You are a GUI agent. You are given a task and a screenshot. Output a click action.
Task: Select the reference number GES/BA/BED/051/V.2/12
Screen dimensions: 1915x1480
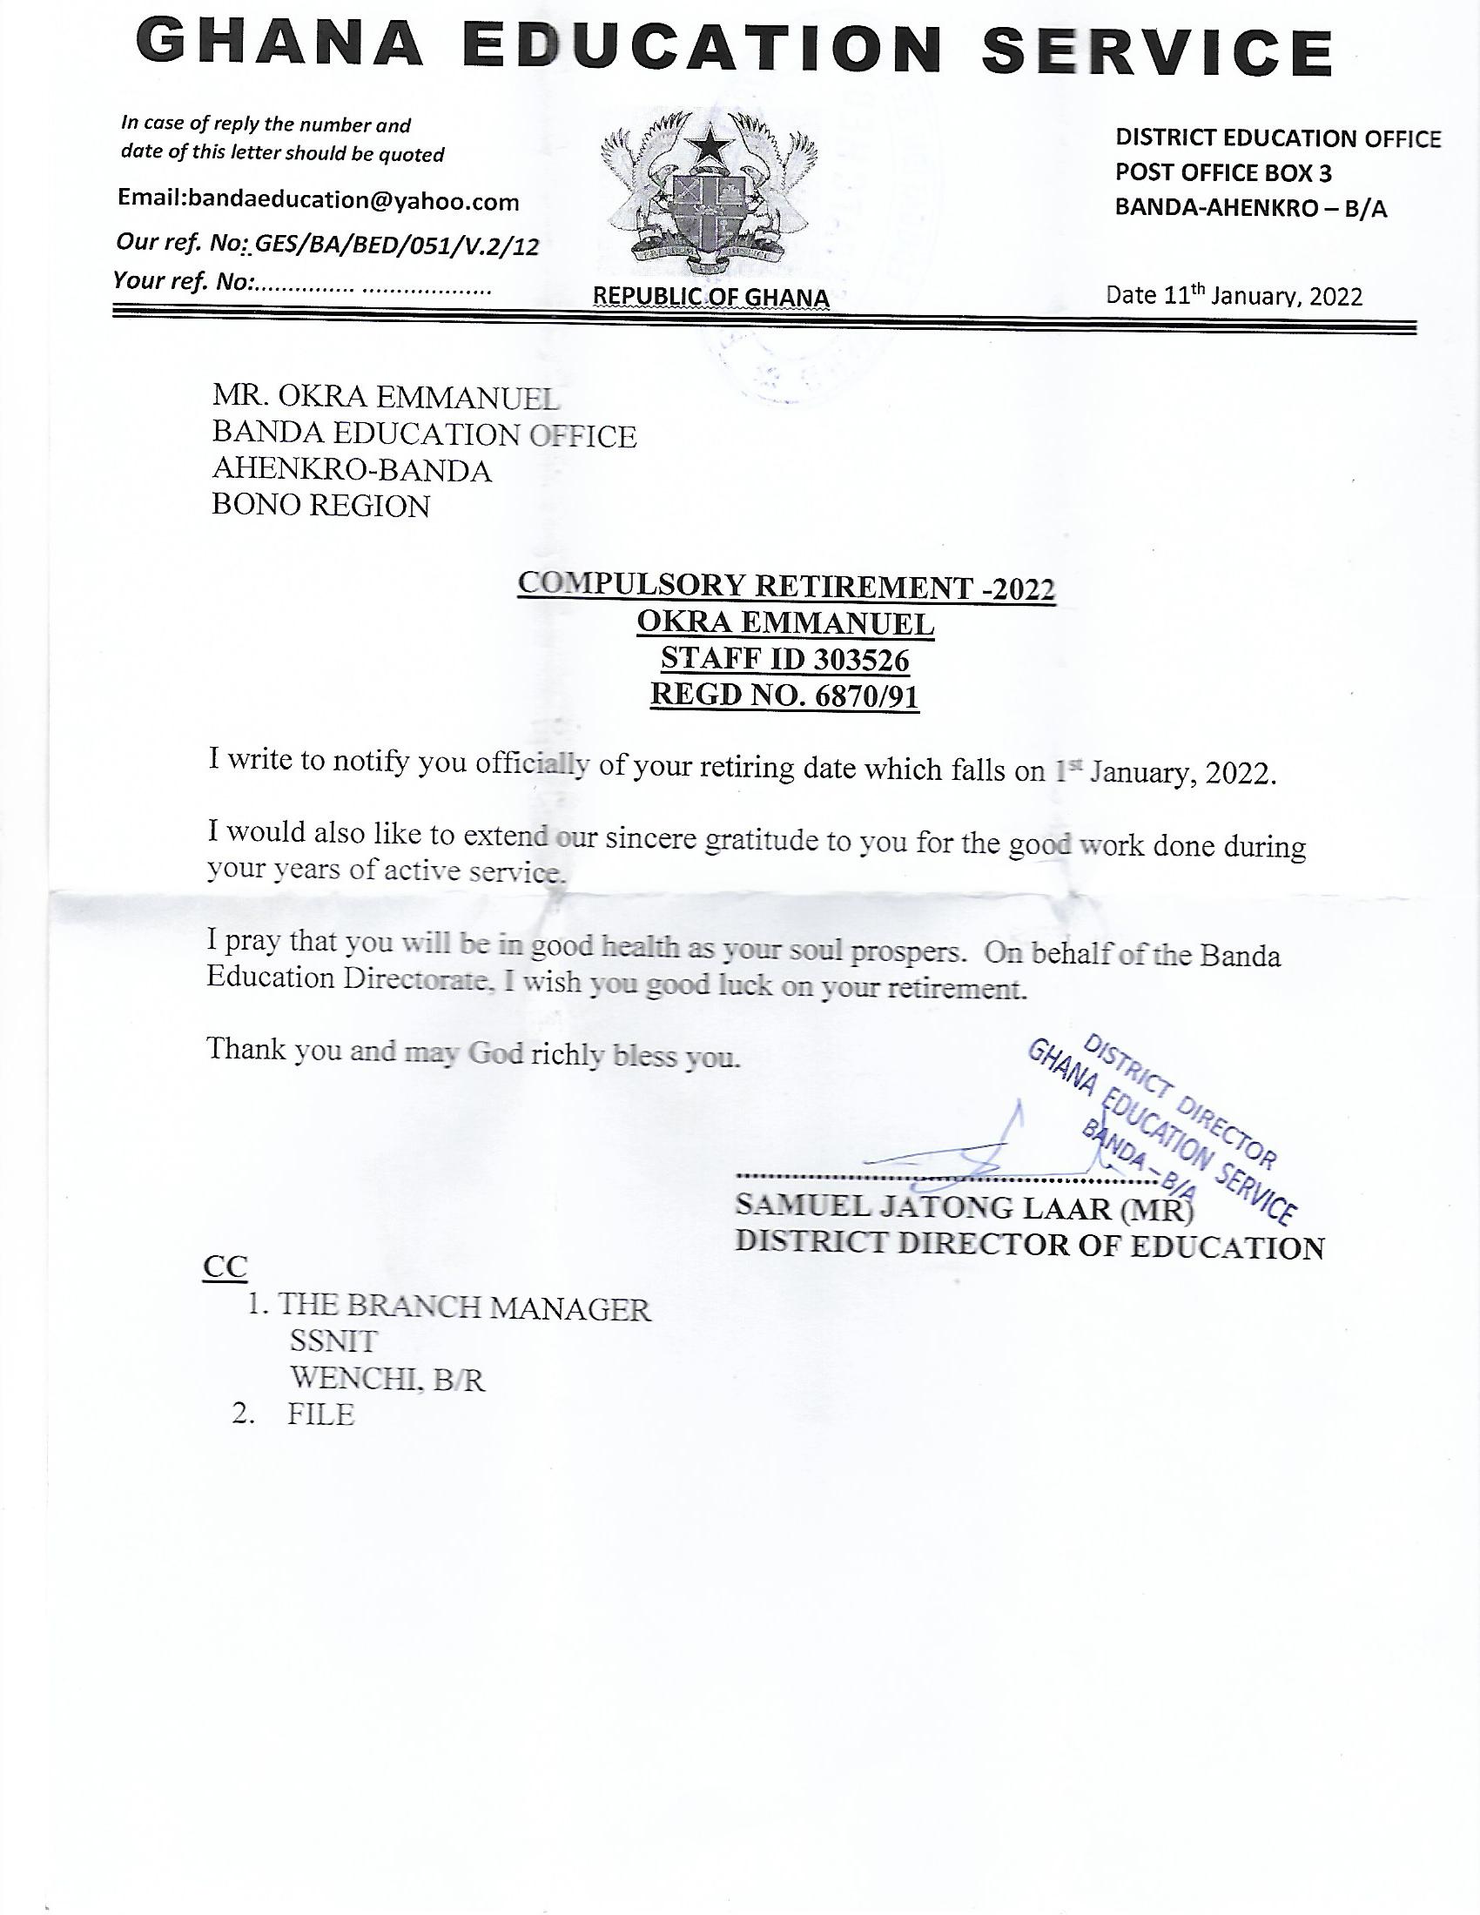pos(396,246)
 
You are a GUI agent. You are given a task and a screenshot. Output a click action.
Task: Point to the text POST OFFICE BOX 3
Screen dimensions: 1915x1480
pos(1223,172)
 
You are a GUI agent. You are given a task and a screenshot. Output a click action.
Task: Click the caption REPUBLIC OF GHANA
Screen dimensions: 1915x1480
pos(711,298)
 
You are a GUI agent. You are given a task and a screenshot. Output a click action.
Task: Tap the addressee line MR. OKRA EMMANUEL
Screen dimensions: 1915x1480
pos(385,399)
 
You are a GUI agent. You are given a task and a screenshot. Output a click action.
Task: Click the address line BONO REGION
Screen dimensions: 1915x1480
pos(321,506)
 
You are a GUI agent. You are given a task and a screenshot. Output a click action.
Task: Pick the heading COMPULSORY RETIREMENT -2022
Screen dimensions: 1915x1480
pos(785,586)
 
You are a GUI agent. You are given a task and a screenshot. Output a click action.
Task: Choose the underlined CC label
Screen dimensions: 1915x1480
pos(225,1268)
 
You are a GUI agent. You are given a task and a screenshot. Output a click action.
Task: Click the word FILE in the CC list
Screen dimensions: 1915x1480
pos(321,1414)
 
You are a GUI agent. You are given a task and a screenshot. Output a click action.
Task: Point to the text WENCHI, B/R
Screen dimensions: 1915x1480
pos(387,1380)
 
